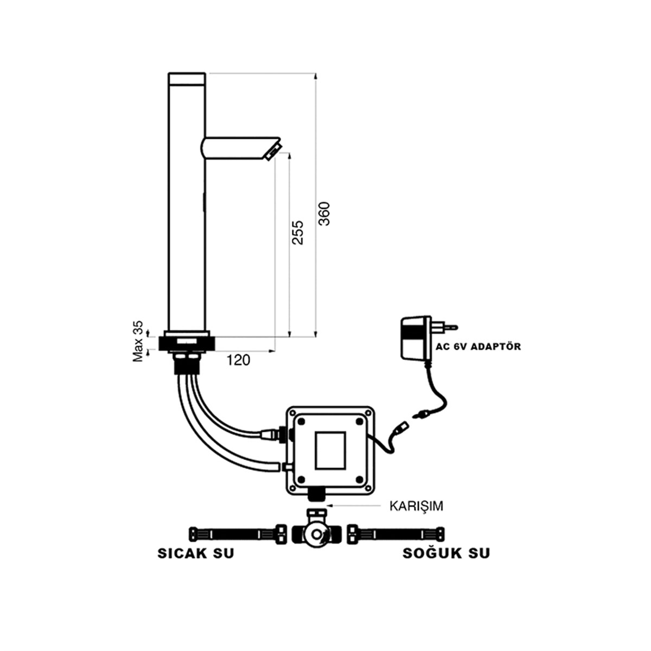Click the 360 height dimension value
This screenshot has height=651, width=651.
click(324, 214)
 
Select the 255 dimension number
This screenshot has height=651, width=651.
click(297, 232)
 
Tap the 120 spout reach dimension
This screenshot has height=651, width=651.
click(238, 360)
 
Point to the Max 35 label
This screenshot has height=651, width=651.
click(139, 341)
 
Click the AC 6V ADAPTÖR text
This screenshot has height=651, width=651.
click(477, 346)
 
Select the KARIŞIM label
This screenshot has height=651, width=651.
click(416, 506)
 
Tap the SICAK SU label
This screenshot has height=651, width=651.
click(196, 554)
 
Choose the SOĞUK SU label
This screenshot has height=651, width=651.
click(446, 554)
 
